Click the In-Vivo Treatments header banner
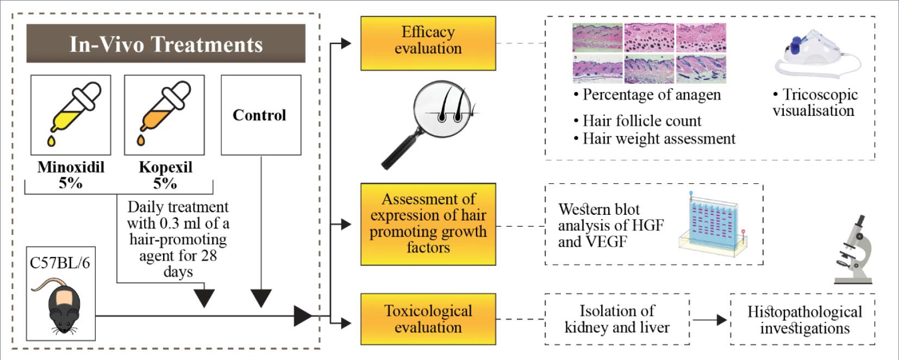pos(166,44)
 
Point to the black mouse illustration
pos(64,308)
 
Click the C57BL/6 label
pos(60,263)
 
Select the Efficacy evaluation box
pos(428,43)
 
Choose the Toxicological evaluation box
pos(428,319)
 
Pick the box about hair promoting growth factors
pos(428,224)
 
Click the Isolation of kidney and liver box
pos(617,319)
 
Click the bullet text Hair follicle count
pos(641,121)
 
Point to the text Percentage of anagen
pos(651,95)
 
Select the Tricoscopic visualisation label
pos(814,102)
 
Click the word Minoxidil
pos(71,167)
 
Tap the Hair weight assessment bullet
pos(658,139)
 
